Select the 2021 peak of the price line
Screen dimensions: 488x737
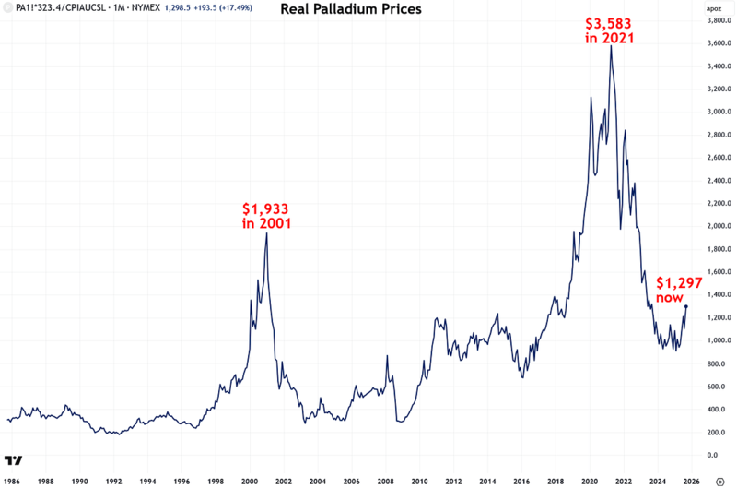tap(610, 46)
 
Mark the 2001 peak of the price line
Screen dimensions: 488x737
tap(266, 233)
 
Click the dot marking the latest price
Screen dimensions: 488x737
tap(686, 306)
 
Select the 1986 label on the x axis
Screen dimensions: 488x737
tap(12, 481)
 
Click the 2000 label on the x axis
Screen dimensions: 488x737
tap(249, 481)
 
